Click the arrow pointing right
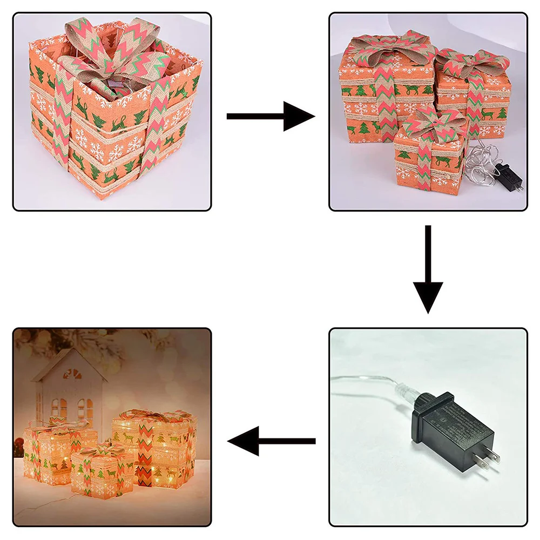pyautogui.click(x=270, y=116)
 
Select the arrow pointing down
pyautogui.click(x=428, y=270)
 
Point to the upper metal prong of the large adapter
pyautogui.click(x=489, y=453)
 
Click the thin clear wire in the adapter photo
pyautogui.click(x=362, y=378)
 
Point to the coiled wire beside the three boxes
pyautogui.click(x=481, y=167)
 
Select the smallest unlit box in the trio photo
pyautogui.click(x=429, y=157)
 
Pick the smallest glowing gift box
pyautogui.click(x=103, y=470)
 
